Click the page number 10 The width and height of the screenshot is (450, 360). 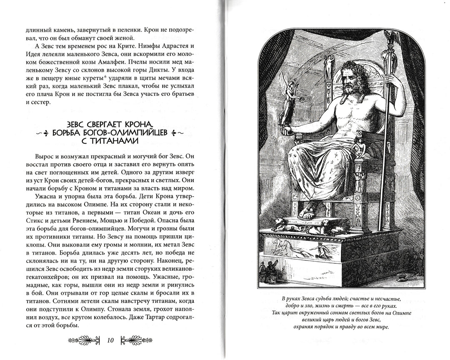110,340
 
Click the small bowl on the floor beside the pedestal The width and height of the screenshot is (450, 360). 401,276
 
